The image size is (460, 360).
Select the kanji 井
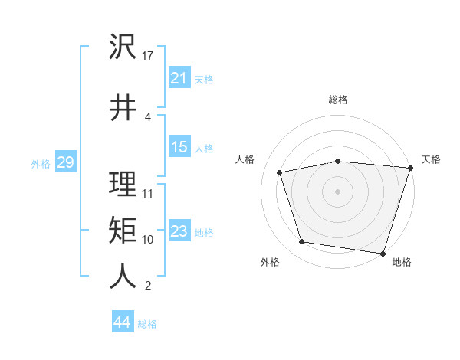click(x=123, y=106)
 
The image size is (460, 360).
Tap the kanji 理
click(x=123, y=184)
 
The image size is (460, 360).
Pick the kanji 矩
click(x=123, y=229)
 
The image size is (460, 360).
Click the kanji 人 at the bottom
click(x=123, y=276)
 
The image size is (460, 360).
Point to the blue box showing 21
click(x=179, y=77)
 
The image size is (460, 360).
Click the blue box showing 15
click(x=179, y=147)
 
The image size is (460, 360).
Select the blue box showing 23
click(x=179, y=231)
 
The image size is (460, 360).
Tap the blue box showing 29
click(x=65, y=162)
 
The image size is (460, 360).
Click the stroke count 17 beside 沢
click(x=149, y=55)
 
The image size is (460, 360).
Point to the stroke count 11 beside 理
click(x=148, y=193)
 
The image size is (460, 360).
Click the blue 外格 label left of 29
click(x=41, y=163)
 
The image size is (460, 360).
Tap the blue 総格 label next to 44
click(x=148, y=324)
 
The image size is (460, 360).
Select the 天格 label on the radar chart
click(x=431, y=159)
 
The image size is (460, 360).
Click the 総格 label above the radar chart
click(x=338, y=100)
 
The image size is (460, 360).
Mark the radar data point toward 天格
click(x=410, y=168)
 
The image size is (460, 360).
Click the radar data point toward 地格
click(x=383, y=253)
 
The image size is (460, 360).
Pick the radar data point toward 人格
click(x=280, y=172)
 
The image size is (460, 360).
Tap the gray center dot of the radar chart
click(x=338, y=191)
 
